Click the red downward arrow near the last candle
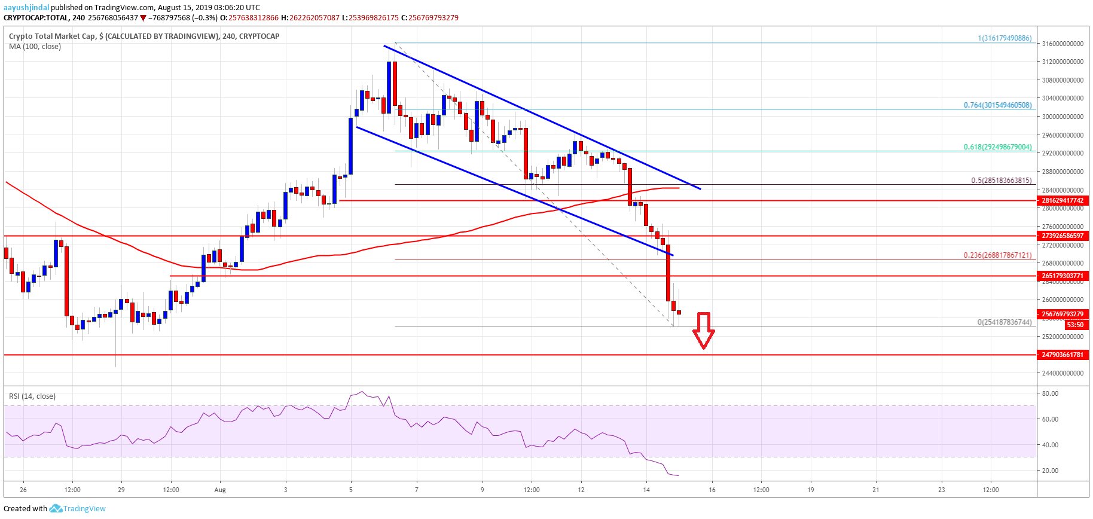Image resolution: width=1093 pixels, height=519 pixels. tap(704, 330)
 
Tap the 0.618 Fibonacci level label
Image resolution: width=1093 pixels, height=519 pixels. tap(997, 147)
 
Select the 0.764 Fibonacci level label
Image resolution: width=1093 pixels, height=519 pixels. tap(997, 105)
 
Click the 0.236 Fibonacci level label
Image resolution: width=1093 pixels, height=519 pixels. tap(997, 255)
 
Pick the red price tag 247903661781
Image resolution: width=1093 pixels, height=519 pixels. tap(1063, 355)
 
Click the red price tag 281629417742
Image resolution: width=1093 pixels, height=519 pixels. tap(1063, 201)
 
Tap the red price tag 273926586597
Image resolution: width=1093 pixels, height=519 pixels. tap(1063, 236)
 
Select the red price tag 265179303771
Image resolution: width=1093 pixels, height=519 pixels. tap(1063, 276)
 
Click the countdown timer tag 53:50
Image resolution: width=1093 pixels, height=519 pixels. tap(1075, 325)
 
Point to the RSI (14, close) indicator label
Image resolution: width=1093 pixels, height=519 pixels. tap(32, 396)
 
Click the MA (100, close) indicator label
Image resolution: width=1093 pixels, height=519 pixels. tap(35, 47)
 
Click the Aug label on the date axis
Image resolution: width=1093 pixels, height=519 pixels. tap(220, 490)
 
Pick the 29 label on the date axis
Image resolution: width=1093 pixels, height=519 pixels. tap(121, 490)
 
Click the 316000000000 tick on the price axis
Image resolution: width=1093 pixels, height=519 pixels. tap(1063, 44)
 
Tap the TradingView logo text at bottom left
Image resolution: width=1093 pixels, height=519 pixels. tap(84, 509)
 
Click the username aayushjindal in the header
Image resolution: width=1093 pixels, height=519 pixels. tap(26, 8)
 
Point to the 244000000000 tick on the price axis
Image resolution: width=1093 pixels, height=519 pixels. tap(1063, 373)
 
